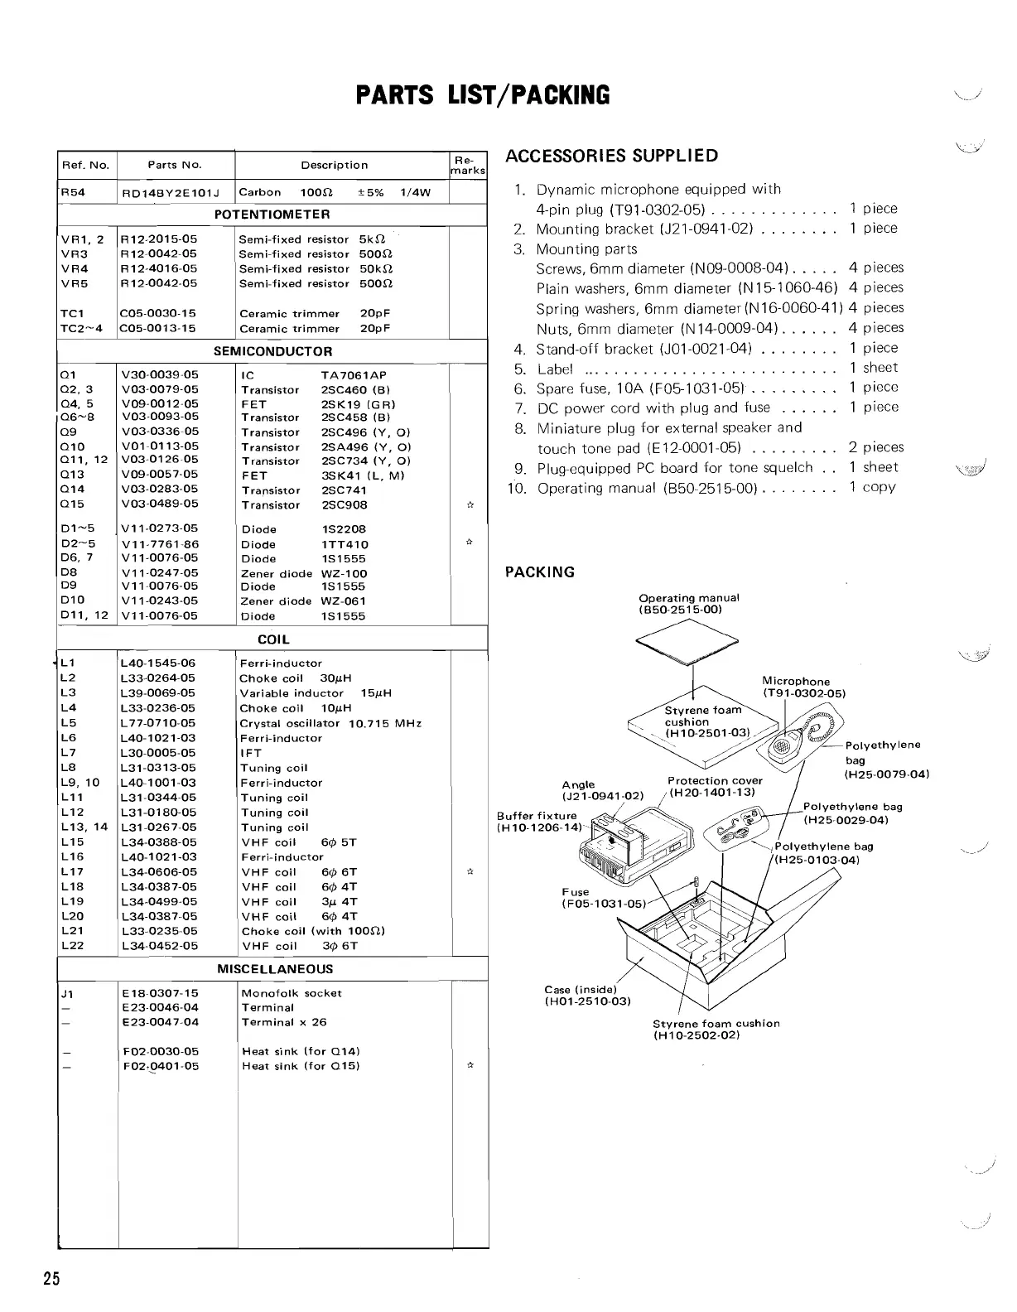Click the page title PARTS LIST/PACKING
(482, 96)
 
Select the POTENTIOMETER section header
(272, 215)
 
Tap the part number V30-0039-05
(160, 375)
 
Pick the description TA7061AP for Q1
(353, 375)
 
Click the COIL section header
(273, 639)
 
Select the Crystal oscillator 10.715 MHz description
(330, 723)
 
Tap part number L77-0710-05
(158, 723)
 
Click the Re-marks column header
(468, 165)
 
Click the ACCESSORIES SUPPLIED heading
(611, 156)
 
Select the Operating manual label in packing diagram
(688, 603)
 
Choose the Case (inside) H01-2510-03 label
(587, 996)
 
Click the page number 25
(52, 1278)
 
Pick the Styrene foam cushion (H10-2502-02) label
(716, 1029)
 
